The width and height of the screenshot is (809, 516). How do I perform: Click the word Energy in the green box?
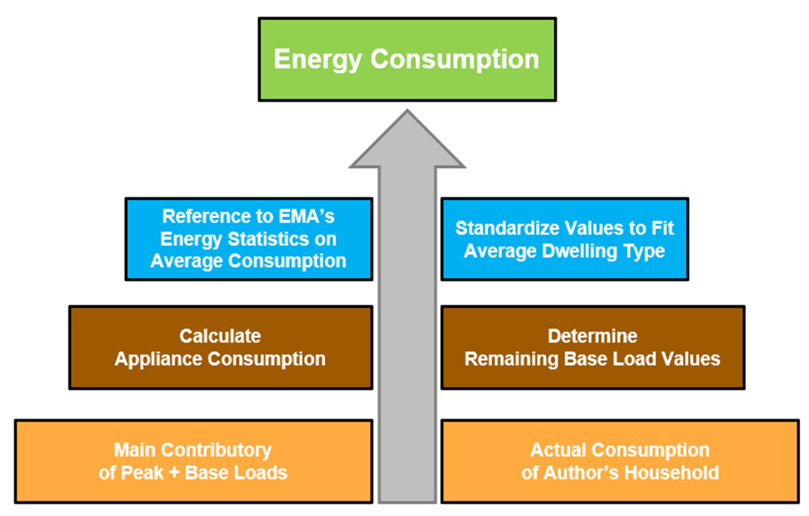click(x=317, y=60)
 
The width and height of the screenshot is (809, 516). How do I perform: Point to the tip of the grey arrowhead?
click(x=407, y=111)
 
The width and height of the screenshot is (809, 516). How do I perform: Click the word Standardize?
click(x=507, y=228)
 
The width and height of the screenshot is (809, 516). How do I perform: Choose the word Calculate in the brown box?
click(x=220, y=336)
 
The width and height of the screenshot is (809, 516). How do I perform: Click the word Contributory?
click(x=216, y=450)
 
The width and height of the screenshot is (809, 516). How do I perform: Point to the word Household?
click(x=671, y=473)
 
